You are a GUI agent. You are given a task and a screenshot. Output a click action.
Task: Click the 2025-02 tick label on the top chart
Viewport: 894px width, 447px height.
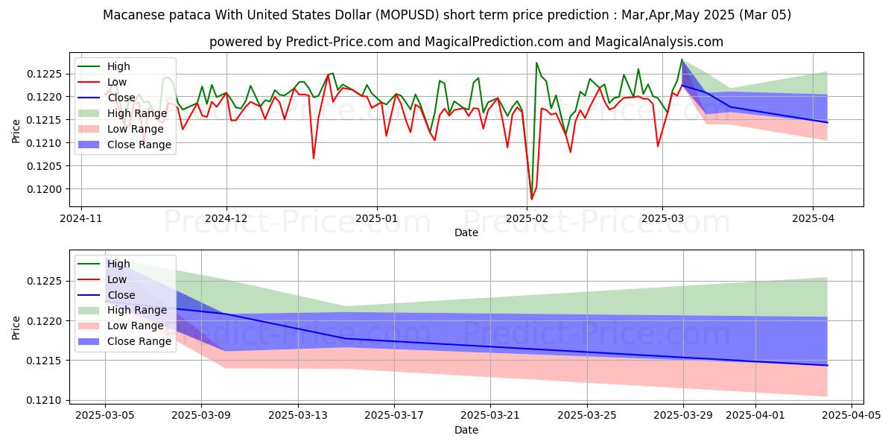[527, 219]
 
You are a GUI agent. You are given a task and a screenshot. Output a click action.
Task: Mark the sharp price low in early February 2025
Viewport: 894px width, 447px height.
[531, 199]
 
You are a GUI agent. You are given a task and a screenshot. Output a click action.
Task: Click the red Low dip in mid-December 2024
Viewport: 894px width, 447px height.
[313, 158]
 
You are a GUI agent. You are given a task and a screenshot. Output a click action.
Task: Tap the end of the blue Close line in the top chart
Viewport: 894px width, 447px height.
[827, 122]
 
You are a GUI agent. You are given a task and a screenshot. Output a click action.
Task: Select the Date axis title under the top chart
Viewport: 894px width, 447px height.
[466, 232]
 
